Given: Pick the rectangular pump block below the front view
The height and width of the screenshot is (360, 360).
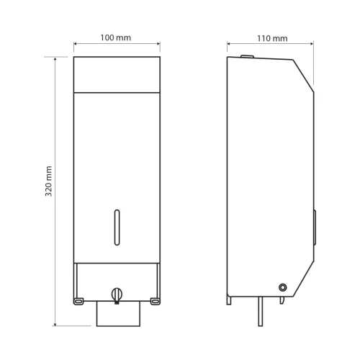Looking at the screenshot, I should [116, 314].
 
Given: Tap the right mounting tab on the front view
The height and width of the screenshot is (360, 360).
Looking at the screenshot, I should [155, 297].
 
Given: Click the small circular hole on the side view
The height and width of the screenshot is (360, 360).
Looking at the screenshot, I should [282, 287].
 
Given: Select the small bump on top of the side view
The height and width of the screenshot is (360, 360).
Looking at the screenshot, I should [247, 55].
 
